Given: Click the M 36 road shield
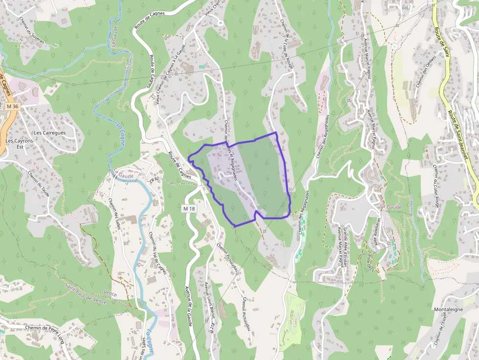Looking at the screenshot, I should [13, 106].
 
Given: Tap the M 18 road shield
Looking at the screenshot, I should [189, 209].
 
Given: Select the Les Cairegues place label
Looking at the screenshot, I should [49, 132].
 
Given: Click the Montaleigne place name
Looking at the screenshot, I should [448, 310].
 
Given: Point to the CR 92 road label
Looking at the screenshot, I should [155, 179].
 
